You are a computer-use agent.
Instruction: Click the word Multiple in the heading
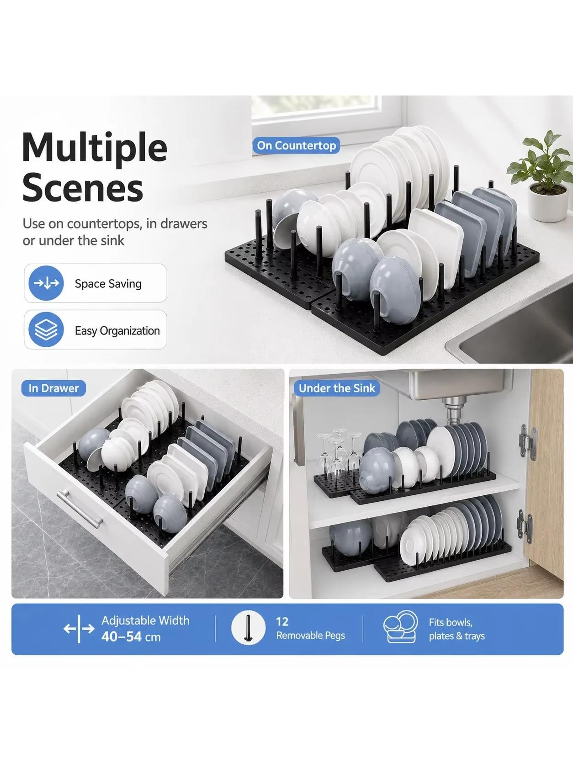tap(95, 148)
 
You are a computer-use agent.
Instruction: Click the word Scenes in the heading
tap(83, 188)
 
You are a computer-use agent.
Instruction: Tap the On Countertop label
tap(297, 145)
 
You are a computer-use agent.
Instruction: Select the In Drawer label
tap(53, 388)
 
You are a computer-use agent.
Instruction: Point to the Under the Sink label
tap(337, 388)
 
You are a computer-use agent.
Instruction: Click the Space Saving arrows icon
tap(46, 283)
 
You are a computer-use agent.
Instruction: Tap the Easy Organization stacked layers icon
tap(46, 329)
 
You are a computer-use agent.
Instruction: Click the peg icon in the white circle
tap(248, 628)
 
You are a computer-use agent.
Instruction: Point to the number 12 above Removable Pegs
tap(282, 621)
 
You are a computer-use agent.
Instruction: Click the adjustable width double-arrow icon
tap(79, 629)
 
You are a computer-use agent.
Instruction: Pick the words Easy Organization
tap(117, 331)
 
